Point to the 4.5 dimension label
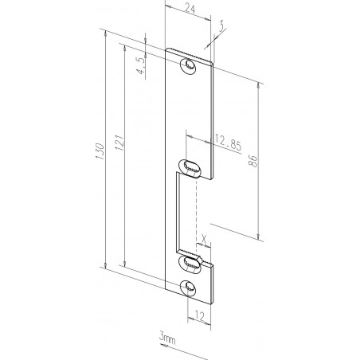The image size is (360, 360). pyautogui.click(x=141, y=65)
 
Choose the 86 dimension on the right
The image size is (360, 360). pyautogui.click(x=253, y=159)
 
